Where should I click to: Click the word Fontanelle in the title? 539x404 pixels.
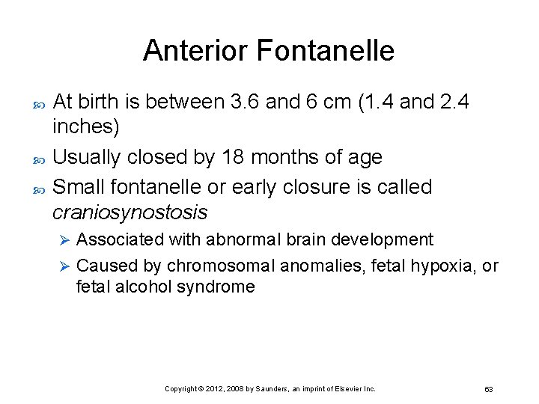[325, 51]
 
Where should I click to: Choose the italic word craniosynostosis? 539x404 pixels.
[130, 212]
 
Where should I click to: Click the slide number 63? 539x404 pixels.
[488, 389]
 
